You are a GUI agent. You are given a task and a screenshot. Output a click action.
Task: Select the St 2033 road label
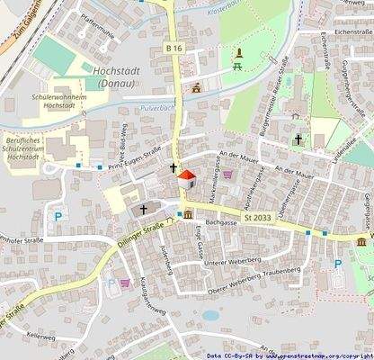coord(256,218)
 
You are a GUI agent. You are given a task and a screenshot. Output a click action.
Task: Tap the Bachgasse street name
coord(219,220)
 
